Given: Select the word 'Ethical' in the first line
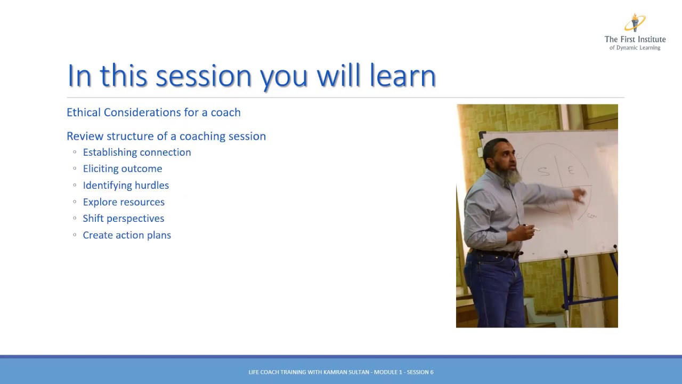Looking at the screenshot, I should [x=84, y=112].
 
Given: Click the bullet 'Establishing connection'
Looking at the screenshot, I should [x=136, y=153].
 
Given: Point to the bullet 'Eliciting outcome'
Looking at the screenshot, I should [x=122, y=169].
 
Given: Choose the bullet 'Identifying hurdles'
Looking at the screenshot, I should [x=126, y=186].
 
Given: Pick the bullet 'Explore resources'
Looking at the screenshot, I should [x=124, y=202].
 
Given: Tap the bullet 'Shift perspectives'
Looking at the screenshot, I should [x=123, y=219].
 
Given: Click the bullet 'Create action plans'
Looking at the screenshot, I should [x=127, y=235].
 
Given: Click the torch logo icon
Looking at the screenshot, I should [x=634, y=23].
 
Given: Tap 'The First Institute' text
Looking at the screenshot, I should [x=635, y=39].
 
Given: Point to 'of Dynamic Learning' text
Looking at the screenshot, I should [x=635, y=48].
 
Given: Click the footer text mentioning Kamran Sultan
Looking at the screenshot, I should [x=341, y=372].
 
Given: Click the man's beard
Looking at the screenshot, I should [x=512, y=176].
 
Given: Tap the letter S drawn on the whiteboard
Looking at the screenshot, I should [x=543, y=171].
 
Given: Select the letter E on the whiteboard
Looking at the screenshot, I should [x=571, y=170].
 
